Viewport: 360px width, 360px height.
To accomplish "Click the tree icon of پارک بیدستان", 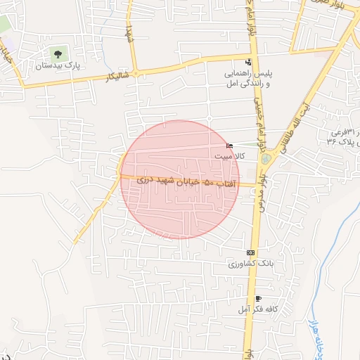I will [57, 53].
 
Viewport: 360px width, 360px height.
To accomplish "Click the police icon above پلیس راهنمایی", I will [247, 61].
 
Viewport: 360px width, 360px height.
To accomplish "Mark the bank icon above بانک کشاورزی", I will [250, 252].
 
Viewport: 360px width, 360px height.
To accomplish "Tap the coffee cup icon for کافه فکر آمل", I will [259, 299].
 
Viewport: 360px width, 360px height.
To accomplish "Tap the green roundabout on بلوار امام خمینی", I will [265, 158].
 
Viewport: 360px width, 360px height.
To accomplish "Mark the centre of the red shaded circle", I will [180, 179].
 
